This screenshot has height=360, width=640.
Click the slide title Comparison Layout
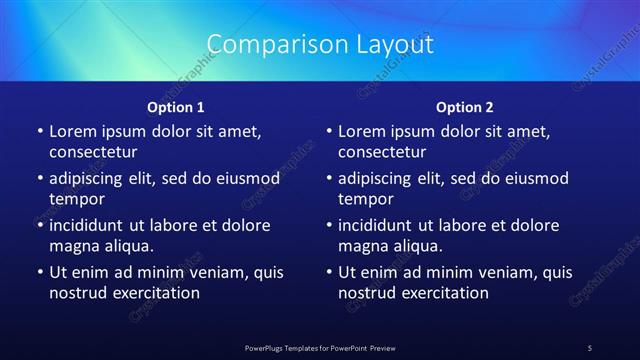(x=320, y=45)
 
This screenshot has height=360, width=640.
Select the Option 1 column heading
(x=176, y=107)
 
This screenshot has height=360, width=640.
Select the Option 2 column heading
(x=465, y=107)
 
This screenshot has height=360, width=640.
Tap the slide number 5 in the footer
(x=589, y=348)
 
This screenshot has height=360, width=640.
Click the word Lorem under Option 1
(x=72, y=131)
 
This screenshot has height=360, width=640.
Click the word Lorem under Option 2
(x=361, y=131)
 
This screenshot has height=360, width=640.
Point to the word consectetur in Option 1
(x=93, y=152)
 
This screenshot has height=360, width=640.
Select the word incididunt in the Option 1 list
(x=88, y=225)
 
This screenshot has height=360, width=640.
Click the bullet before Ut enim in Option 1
(x=39, y=272)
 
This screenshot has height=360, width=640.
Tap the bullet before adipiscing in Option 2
(x=328, y=178)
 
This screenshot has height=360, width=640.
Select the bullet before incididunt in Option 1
(x=39, y=225)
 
